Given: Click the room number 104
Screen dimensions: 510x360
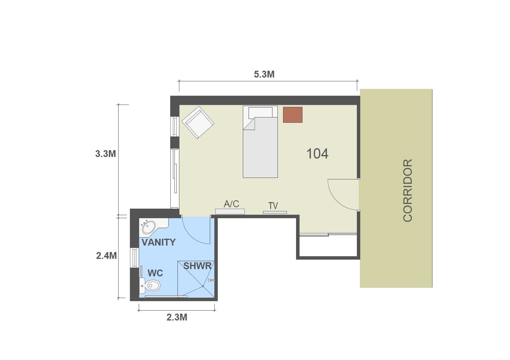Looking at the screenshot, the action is click(317, 154).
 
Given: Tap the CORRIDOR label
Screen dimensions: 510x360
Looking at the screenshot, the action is click(407, 190).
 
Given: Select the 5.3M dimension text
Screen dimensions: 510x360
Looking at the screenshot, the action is click(264, 74).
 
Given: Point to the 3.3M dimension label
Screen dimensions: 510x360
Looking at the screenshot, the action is click(105, 154).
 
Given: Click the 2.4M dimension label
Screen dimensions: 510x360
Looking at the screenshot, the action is click(106, 256).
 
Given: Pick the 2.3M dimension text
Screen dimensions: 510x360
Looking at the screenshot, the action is click(177, 317).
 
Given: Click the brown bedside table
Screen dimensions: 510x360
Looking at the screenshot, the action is click(293, 115).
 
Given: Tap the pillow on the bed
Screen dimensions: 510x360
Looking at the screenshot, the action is click(260, 113).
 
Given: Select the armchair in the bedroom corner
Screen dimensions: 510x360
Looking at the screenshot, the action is click(198, 122).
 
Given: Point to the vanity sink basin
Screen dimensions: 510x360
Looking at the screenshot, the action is click(148, 227).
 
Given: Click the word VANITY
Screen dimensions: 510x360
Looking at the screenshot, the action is click(158, 242).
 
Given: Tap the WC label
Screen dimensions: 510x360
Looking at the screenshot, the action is click(155, 273).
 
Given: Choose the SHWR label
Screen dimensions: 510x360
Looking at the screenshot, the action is click(197, 266).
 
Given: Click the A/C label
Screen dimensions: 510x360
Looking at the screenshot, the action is click(231, 204).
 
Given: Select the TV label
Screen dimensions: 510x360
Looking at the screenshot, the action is click(273, 206).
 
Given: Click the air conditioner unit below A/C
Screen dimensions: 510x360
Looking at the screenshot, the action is click(230, 211).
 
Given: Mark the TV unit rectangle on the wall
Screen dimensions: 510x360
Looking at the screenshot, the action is click(275, 213).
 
